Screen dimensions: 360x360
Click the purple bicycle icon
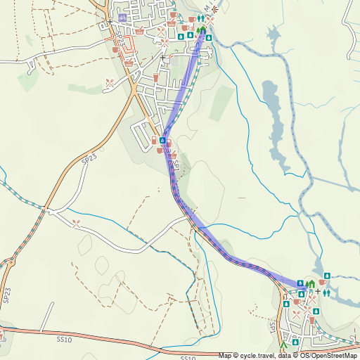(123, 17)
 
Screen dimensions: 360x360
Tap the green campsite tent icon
(283, 346)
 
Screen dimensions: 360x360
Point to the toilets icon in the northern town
(202, 19)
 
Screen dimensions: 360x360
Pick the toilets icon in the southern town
(327, 291)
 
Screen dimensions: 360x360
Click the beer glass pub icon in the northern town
(156, 76)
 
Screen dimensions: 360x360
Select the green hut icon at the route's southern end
(309, 284)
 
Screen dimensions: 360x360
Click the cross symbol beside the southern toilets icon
(317, 291)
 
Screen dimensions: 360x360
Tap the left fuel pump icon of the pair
(153, 141)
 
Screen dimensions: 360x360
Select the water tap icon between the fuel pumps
(162, 141)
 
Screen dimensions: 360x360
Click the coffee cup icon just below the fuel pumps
(160, 150)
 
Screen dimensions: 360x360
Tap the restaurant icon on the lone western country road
(76, 223)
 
